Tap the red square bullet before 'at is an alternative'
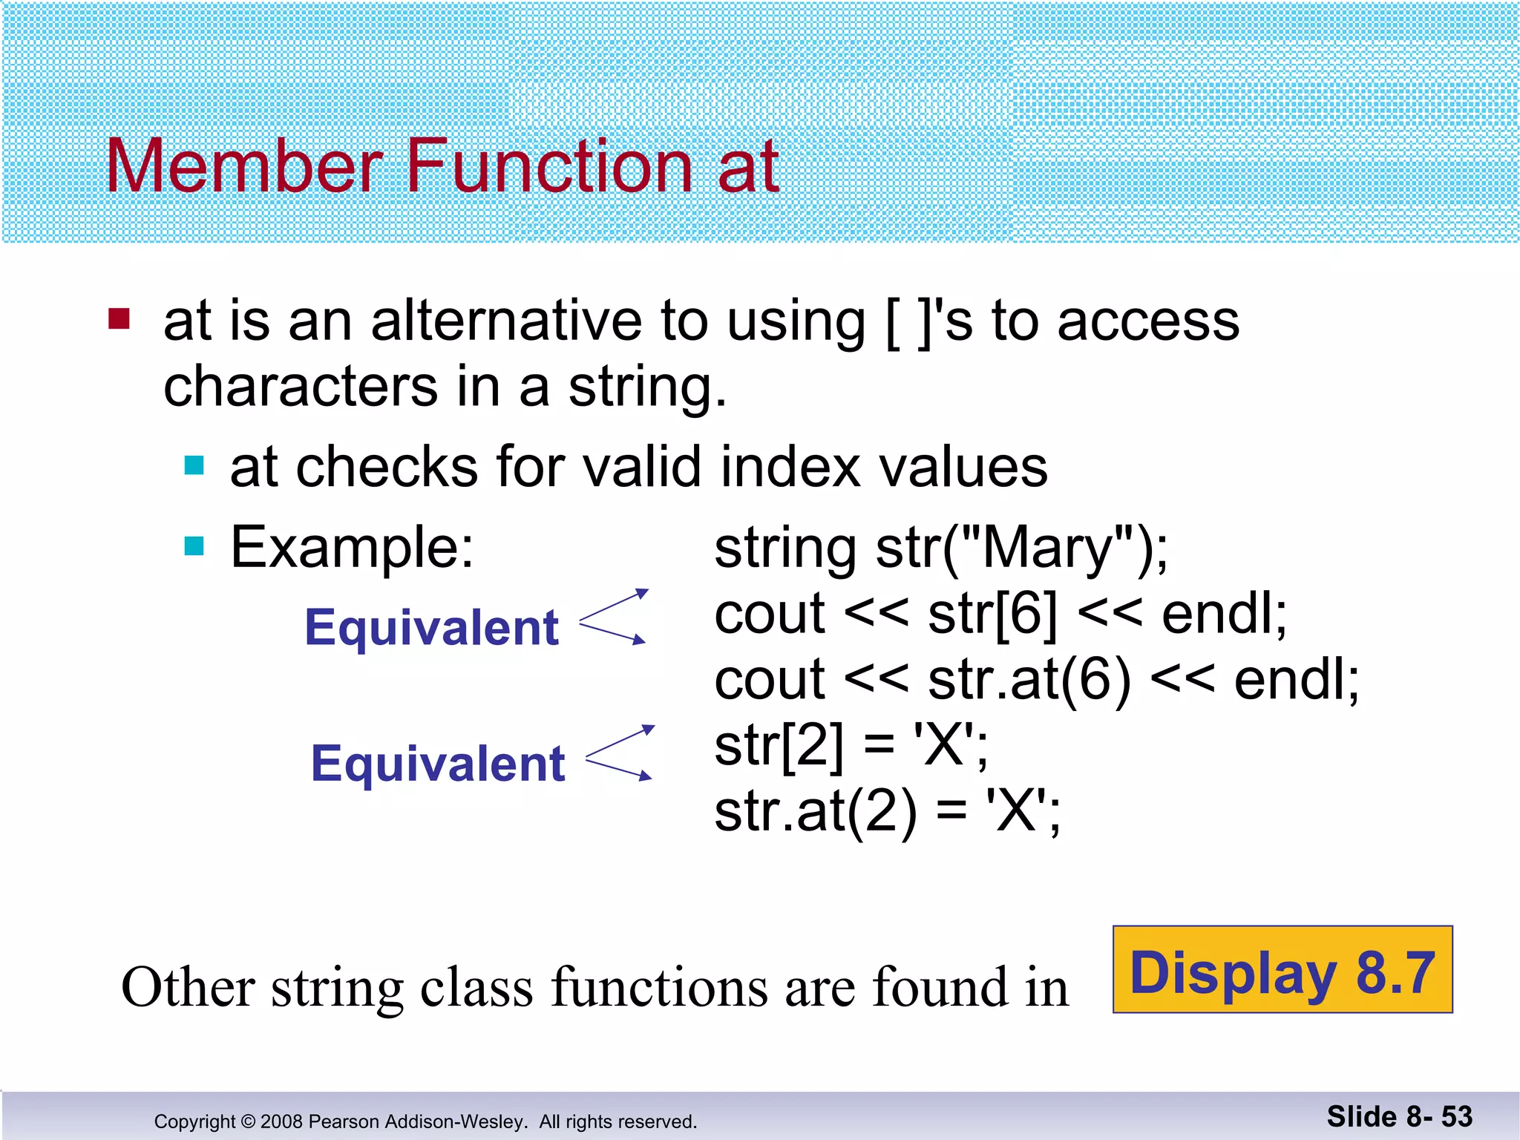point(119,318)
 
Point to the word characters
point(301,387)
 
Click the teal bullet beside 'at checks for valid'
point(194,465)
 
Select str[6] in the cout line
point(992,615)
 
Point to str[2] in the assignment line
point(779,746)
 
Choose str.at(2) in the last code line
point(815,812)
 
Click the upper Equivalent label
point(431,628)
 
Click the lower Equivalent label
point(438,764)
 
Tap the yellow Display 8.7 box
point(1282,969)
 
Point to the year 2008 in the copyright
point(282,1121)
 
